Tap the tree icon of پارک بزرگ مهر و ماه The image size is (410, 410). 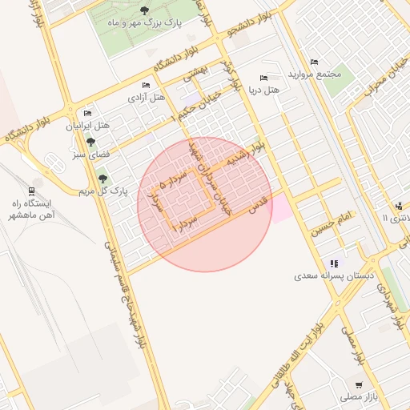[x=144, y=10]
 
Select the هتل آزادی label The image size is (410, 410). [x=147, y=97]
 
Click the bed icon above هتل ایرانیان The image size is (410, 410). [x=87, y=113]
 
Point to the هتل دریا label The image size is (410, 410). [x=263, y=90]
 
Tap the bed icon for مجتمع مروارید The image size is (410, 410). [x=313, y=62]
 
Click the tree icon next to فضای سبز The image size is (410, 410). [x=90, y=142]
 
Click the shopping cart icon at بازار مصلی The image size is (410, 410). [x=358, y=385]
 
